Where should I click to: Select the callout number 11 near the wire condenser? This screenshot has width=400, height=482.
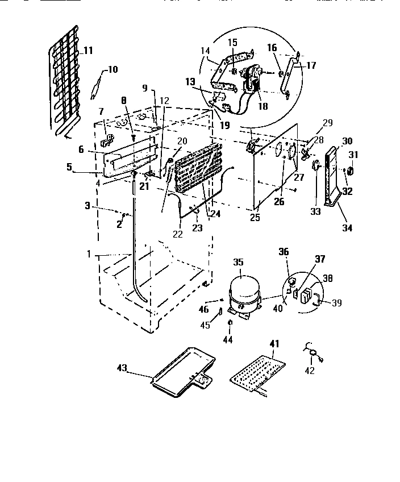tap(88, 51)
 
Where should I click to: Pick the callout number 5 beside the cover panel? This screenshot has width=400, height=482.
tap(70, 168)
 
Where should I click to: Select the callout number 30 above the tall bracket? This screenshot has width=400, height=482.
tap(347, 142)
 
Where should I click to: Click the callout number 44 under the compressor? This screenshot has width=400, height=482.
tap(228, 339)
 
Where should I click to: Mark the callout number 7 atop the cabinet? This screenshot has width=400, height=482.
tap(101, 111)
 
